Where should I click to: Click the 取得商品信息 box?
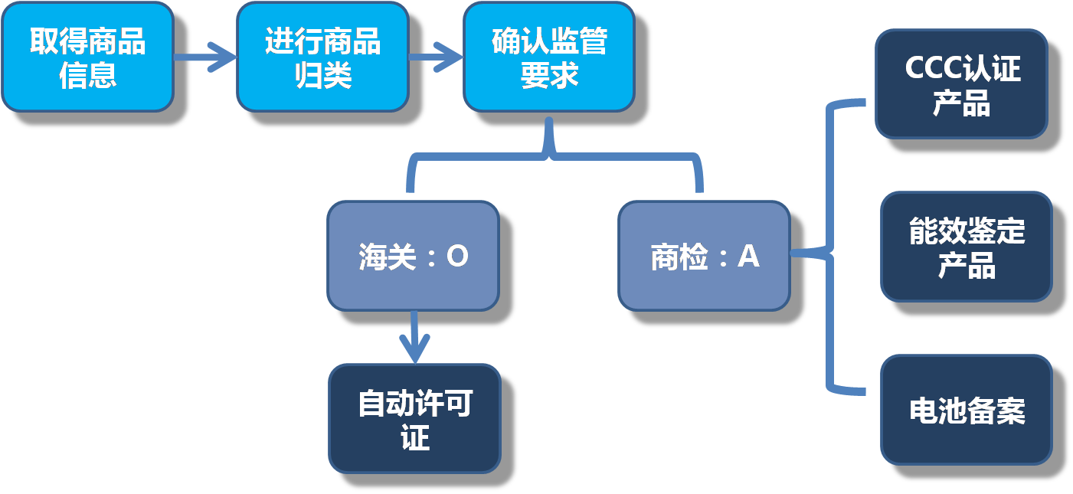tap(87, 57)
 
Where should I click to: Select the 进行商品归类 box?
tap(322, 57)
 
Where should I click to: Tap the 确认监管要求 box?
tap(548, 57)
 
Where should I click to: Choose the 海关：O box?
tap(413, 256)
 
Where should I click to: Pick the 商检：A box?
tap(704, 256)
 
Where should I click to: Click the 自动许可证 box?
tap(414, 419)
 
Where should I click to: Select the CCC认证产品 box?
tap(961, 84)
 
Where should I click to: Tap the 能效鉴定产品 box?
tap(966, 247)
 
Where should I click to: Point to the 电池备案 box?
tap(966, 410)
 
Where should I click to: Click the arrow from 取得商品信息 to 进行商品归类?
tap(205, 57)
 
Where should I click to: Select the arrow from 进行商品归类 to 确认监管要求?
tap(437, 57)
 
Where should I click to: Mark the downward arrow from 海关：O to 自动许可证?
tap(414, 337)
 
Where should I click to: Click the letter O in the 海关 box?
tap(456, 257)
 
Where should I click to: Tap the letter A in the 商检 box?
tap(748, 257)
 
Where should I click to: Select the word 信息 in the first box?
tap(87, 75)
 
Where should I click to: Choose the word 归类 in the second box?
tap(322, 75)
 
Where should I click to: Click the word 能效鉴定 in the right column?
tap(966, 231)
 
